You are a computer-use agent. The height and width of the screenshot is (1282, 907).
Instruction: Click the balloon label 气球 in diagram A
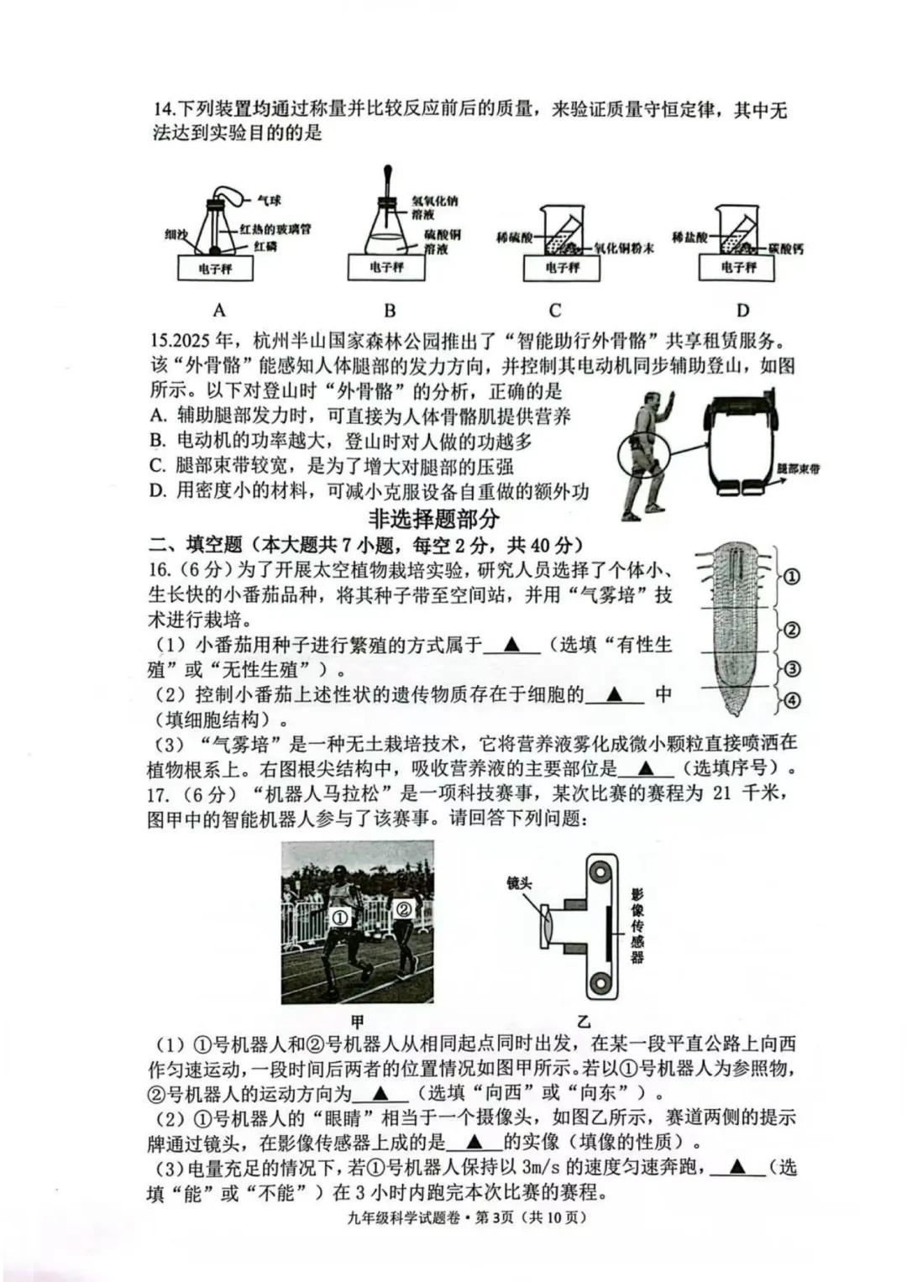[x=269, y=201]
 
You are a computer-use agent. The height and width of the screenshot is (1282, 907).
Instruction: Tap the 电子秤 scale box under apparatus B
[x=387, y=267]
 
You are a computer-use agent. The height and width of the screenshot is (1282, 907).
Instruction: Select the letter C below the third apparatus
[x=555, y=310]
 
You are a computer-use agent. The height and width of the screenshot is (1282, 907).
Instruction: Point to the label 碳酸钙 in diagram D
[x=785, y=249]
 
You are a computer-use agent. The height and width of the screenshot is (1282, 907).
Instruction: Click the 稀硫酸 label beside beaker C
[x=514, y=238]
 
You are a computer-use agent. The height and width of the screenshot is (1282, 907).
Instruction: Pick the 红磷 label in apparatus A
[x=265, y=246]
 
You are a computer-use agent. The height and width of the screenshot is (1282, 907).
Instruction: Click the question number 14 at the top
[x=163, y=110]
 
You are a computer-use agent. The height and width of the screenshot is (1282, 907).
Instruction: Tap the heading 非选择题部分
[x=433, y=518]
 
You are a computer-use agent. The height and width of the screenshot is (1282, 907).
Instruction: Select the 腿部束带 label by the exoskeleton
[x=798, y=468]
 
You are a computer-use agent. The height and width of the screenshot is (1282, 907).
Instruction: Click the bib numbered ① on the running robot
[x=339, y=918]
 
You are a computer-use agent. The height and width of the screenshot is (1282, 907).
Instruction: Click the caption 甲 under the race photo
[x=357, y=1022]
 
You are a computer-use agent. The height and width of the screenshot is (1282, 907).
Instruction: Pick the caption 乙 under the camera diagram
[x=584, y=1022]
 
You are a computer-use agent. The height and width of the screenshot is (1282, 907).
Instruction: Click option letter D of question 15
[x=158, y=491]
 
